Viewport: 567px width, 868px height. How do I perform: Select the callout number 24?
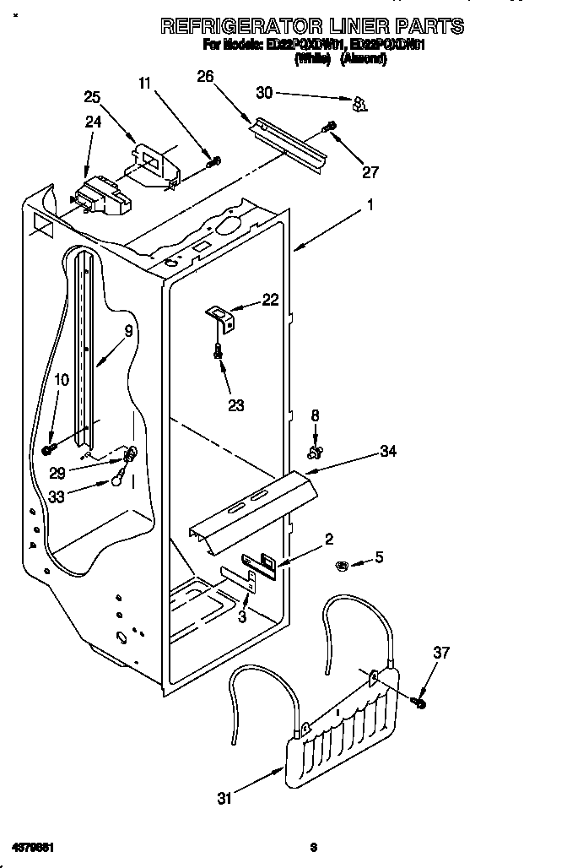93,122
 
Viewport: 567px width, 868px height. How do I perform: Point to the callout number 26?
205,77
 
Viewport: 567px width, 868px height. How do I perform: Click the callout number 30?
264,91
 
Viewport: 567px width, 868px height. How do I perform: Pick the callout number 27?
370,172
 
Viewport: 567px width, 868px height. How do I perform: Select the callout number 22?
270,299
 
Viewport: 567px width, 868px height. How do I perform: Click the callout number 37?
442,652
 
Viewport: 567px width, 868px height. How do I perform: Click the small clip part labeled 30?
360,103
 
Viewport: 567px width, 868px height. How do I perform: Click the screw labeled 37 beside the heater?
418,700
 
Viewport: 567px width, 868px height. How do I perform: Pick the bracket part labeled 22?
222,317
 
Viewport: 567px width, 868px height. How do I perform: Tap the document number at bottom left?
33,845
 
